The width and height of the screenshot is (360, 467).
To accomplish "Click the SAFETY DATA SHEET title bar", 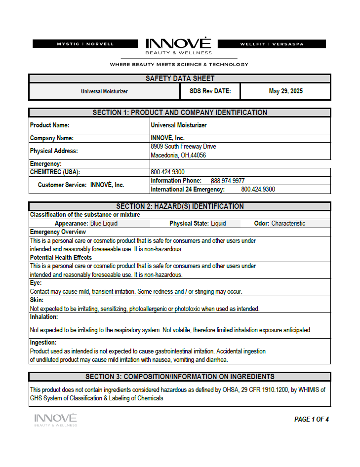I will [x=180, y=78].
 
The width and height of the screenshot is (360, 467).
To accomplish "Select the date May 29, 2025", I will [x=285, y=91].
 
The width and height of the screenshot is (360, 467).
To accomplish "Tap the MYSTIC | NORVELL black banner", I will [x=85, y=44].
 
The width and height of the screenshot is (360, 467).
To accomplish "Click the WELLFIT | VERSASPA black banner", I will [x=272, y=44].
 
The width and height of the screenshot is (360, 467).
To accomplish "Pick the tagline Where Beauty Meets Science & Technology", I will [x=179, y=64].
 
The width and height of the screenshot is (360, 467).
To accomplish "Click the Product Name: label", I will [x=49, y=125].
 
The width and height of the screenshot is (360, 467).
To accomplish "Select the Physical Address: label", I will [x=54, y=151].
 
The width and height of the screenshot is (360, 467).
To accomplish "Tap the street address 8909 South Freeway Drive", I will [x=183, y=147].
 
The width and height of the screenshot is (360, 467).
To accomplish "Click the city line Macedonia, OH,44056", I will [x=178, y=156].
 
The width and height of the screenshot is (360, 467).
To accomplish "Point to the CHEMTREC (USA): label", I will [x=55, y=172].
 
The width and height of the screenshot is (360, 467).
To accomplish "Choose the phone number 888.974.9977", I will [x=228, y=181].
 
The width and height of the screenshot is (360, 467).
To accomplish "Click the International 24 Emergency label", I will [x=188, y=190].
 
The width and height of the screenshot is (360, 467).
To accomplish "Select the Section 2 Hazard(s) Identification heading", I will [x=180, y=206].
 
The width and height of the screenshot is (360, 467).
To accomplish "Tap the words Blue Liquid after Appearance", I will [x=104, y=224].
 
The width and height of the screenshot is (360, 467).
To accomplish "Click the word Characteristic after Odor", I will [x=288, y=224].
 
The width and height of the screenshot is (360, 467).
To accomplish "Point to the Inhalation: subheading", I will [x=44, y=317].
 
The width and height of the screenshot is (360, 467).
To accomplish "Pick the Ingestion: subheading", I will [x=43, y=343].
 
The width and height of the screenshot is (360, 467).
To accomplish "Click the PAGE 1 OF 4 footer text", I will [x=311, y=420].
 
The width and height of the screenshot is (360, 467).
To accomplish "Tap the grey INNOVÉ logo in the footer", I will [x=55, y=420].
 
